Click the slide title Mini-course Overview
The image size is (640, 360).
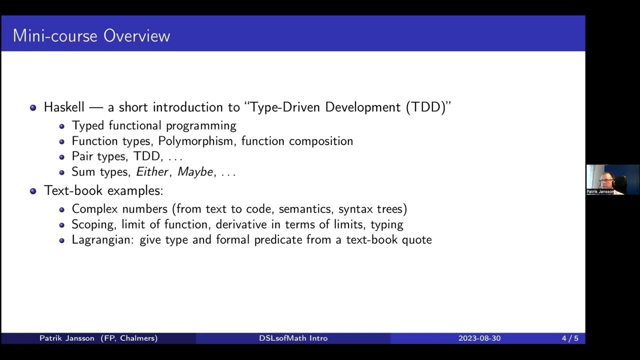pos(91,36)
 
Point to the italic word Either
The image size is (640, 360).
pos(152,172)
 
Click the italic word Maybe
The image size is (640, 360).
pos(195,172)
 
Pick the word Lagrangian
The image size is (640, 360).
pos(102,240)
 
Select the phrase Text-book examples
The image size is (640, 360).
pos(103,190)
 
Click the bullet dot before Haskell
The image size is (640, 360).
pos(33,107)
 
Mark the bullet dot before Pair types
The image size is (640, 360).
pos(62,157)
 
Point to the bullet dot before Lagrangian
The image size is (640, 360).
pos(62,240)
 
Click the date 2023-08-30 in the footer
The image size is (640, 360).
pos(479,338)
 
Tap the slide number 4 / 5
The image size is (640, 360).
pos(569,338)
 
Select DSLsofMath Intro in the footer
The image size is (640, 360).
pos(293,338)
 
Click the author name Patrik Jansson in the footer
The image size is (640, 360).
pos(67,338)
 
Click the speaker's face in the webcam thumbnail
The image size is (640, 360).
pos(606,178)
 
